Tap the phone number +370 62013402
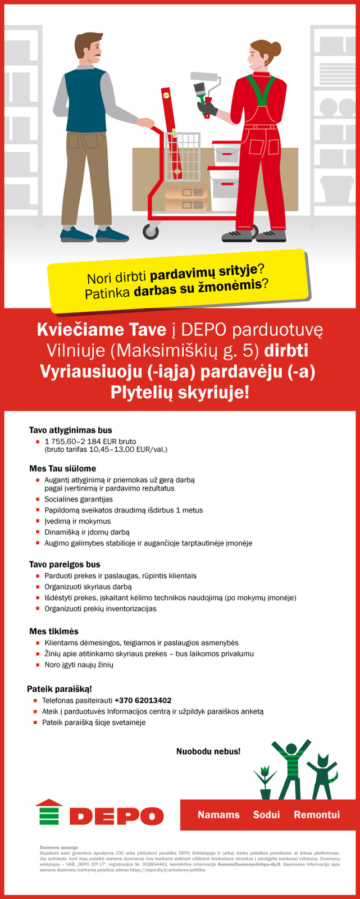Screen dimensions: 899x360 click(x=143, y=700)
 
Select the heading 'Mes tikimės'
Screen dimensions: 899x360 click(x=54, y=632)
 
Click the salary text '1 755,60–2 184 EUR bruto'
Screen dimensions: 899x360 click(x=90, y=441)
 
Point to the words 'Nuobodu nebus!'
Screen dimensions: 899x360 click(x=208, y=751)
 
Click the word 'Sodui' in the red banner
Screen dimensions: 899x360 click(x=266, y=815)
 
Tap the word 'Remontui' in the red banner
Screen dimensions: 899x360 click(x=317, y=815)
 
